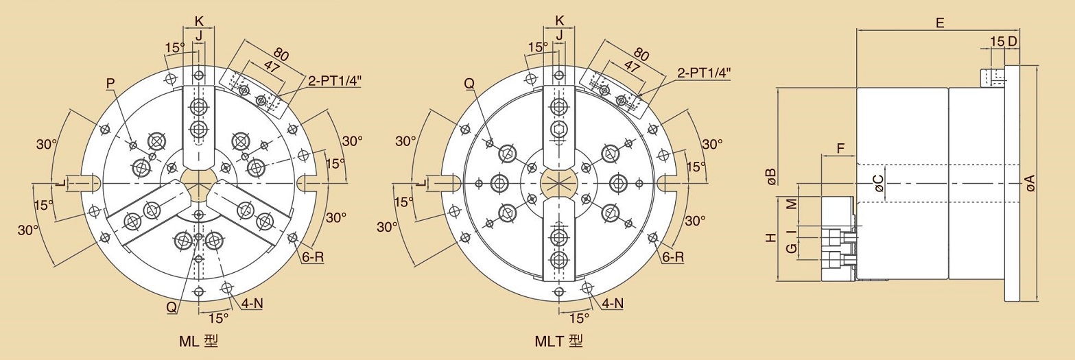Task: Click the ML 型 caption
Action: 199,341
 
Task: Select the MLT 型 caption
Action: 559,341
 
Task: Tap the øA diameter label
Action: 1030,183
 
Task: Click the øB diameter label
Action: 770,177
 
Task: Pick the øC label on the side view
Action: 878,183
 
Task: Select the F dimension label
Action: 840,149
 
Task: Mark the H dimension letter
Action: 771,237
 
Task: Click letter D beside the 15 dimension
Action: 1012,41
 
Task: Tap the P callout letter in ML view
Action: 110,84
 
